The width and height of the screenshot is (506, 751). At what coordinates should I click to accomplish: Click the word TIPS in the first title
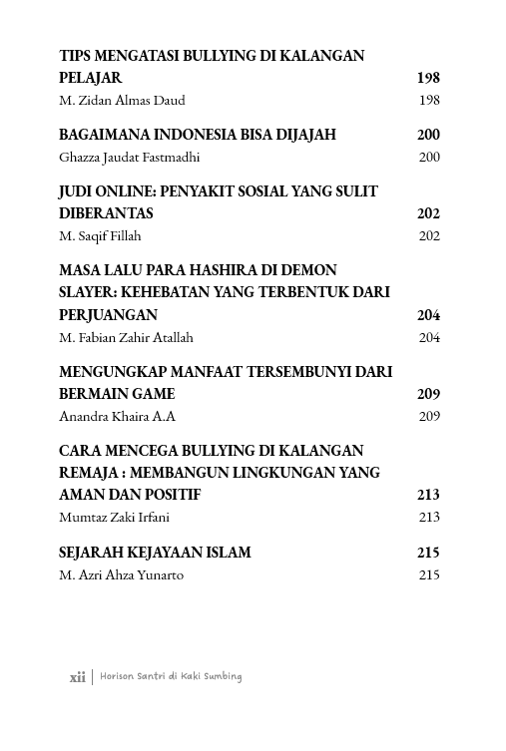[x=75, y=56]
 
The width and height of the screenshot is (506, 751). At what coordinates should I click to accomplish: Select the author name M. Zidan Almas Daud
[x=123, y=100]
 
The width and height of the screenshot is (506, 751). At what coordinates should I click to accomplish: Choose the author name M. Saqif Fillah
[x=101, y=235]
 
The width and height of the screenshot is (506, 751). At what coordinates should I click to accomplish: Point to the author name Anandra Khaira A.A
[x=119, y=416]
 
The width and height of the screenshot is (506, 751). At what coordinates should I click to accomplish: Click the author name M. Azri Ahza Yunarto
[x=122, y=574]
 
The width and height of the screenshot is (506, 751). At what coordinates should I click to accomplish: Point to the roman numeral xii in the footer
[x=77, y=676]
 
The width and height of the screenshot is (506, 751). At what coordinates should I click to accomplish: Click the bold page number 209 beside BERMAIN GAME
[x=428, y=394]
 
